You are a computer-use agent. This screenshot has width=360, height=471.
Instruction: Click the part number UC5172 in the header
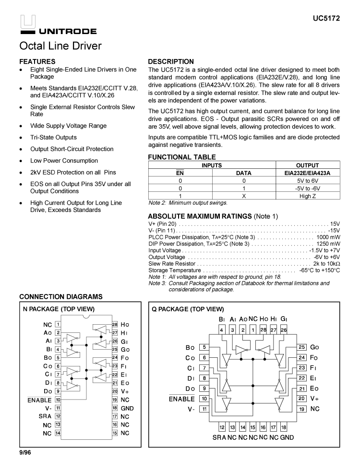pos(326,18)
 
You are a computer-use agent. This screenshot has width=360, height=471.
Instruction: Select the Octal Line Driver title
pos(60,46)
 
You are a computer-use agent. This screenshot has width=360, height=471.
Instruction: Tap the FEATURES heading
pos(37,62)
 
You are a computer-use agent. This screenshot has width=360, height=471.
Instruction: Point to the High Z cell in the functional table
pos(308,196)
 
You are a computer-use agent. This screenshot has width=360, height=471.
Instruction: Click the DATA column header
pos(244,173)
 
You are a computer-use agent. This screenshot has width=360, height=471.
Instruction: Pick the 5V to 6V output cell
pos(308,181)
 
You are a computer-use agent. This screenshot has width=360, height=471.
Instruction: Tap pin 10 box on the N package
pos(58,399)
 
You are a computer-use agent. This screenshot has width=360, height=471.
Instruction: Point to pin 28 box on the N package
pos(115,325)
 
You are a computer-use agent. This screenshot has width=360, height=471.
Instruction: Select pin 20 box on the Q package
pos(302,398)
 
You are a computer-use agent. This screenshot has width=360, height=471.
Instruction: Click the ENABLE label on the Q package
pos(181,399)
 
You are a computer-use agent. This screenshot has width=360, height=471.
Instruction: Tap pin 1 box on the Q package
pos(253,330)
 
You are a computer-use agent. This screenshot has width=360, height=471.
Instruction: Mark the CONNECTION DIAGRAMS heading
pos(60,297)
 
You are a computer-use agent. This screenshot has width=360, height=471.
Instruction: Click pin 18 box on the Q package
pos(283,427)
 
